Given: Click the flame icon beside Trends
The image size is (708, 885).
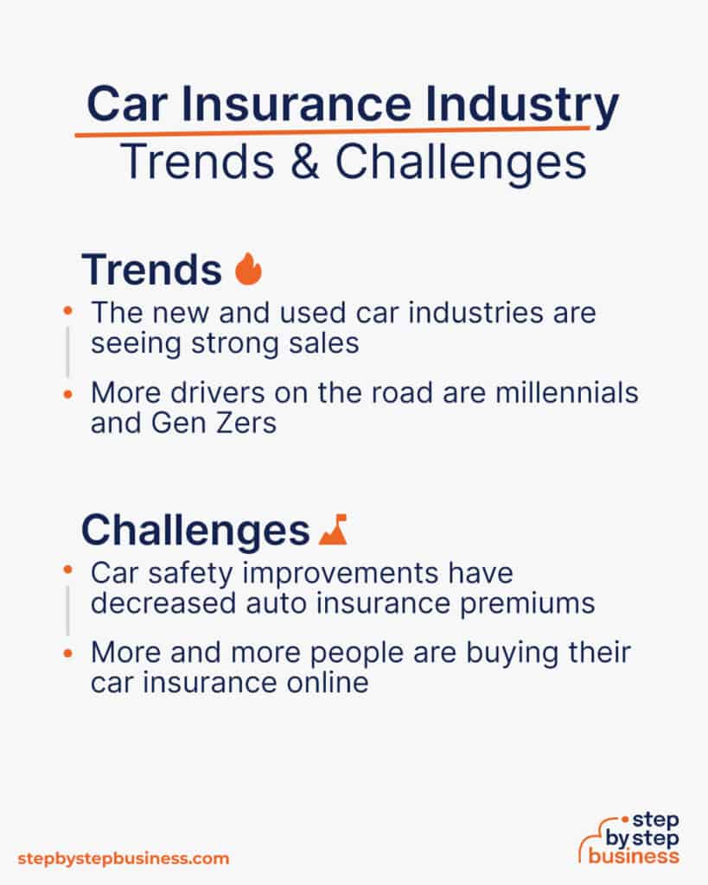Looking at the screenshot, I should [x=249, y=270].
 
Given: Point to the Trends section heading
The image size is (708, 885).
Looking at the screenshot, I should [x=151, y=271].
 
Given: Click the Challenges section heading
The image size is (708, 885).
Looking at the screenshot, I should [x=195, y=531].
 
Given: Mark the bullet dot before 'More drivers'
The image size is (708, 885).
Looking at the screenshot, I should [x=68, y=393].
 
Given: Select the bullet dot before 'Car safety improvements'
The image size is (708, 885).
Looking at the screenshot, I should [x=68, y=571].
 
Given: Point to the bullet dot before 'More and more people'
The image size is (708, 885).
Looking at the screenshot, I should [x=68, y=653].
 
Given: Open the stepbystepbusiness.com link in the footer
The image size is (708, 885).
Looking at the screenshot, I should [x=123, y=858].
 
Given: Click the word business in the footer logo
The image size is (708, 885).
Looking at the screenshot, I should [x=633, y=856].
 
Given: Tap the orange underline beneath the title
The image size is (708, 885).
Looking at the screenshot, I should [x=332, y=131].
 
